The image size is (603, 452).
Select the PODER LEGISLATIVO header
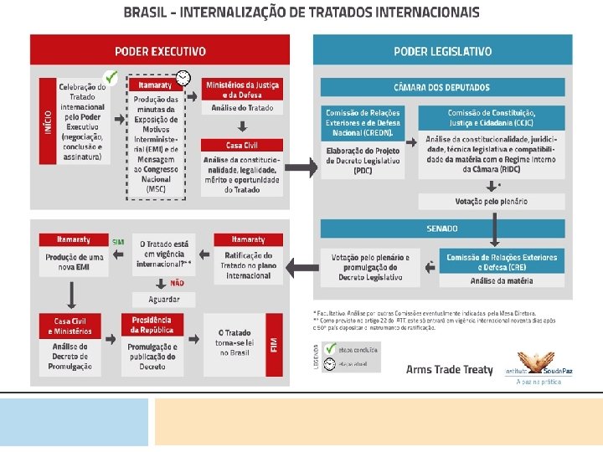[x=443, y=51]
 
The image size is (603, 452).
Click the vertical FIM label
[x=274, y=344]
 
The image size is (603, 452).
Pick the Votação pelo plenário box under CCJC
[x=491, y=202]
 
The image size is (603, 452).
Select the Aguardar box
[x=165, y=299]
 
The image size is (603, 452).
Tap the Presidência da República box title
[x=152, y=325]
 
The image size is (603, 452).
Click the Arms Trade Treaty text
[x=450, y=370]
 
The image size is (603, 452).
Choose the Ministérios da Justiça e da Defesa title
[x=243, y=88]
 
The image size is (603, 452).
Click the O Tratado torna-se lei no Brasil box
[x=237, y=343]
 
